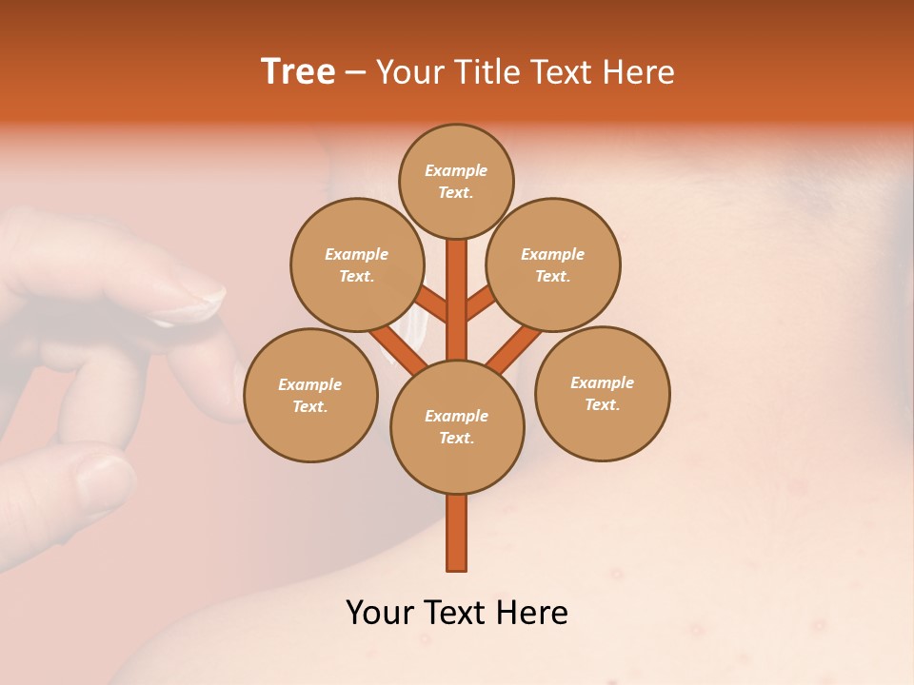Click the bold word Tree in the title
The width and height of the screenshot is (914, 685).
point(298,72)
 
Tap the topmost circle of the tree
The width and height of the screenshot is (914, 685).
point(456,181)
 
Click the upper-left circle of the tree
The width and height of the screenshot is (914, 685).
point(356,264)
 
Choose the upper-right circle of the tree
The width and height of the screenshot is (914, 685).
point(552,264)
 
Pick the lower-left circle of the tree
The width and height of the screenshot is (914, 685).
point(310,395)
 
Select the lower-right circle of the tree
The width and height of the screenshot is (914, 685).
point(602,393)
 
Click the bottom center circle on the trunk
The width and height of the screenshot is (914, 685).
point(457,426)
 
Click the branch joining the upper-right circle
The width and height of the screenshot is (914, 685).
point(481,304)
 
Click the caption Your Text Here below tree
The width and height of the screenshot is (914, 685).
point(457,613)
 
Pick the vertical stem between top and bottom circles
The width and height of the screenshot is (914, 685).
point(457,300)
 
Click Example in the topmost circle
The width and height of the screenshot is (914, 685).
point(456,170)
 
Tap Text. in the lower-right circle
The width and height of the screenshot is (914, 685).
point(602,404)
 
